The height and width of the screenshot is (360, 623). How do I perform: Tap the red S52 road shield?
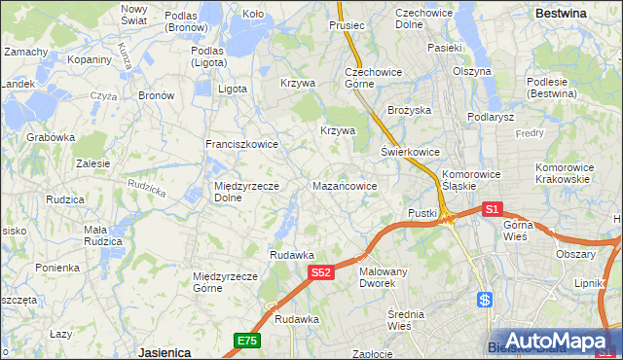tap(322, 274)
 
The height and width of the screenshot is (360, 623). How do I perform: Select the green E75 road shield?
tap(246, 340)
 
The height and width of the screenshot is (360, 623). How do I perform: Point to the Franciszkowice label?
tap(241, 144)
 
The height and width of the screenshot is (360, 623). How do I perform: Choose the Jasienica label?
tap(163, 351)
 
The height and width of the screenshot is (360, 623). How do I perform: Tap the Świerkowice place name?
tap(410, 153)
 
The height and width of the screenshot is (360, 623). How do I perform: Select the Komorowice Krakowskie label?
tap(564, 173)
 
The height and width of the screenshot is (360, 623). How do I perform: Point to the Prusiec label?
tap(347, 25)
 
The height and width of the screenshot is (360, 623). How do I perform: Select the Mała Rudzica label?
tap(102, 235)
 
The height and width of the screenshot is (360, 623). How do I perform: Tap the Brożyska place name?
tap(409, 111)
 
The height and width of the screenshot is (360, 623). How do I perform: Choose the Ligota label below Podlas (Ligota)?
tap(233, 89)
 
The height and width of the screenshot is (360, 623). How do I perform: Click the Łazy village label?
tap(61, 334)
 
